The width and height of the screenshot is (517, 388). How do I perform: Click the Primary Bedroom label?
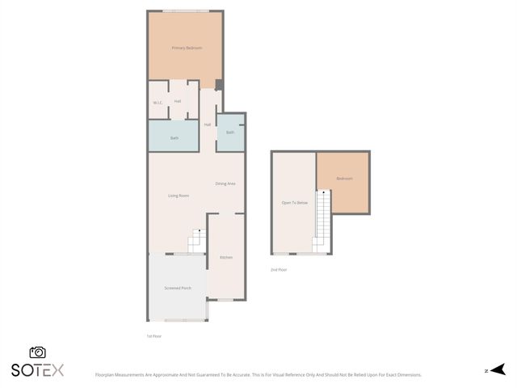coord(186,48)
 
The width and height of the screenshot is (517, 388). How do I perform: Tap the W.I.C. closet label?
coord(158,103)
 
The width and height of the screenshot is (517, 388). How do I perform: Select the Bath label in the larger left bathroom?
coord(174,138)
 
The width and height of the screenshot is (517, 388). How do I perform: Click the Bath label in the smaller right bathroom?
coord(230,133)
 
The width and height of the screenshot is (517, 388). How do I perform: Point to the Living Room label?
coord(178,196)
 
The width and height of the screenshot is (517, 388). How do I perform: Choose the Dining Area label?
coord(225,183)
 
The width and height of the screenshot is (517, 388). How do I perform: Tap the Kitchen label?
coord(226,257)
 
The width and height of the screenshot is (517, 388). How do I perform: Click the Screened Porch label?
coord(178,288)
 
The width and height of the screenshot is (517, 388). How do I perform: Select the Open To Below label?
coord(294,203)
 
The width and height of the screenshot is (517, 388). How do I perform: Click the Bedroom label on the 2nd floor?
coord(344,179)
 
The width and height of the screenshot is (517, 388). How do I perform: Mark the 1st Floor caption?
coord(153,335)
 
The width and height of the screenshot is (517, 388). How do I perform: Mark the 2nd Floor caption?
coord(279,269)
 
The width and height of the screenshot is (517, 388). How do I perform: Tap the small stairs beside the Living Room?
coord(197,241)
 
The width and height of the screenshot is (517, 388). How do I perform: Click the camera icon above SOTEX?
coord(37,352)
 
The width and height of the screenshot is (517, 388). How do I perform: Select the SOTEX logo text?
coord(37,370)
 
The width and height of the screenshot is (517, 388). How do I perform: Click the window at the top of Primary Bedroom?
coord(186,11)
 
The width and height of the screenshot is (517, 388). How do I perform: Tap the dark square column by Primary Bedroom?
coord(219,85)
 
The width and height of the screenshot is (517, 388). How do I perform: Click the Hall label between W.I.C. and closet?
coord(177,102)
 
